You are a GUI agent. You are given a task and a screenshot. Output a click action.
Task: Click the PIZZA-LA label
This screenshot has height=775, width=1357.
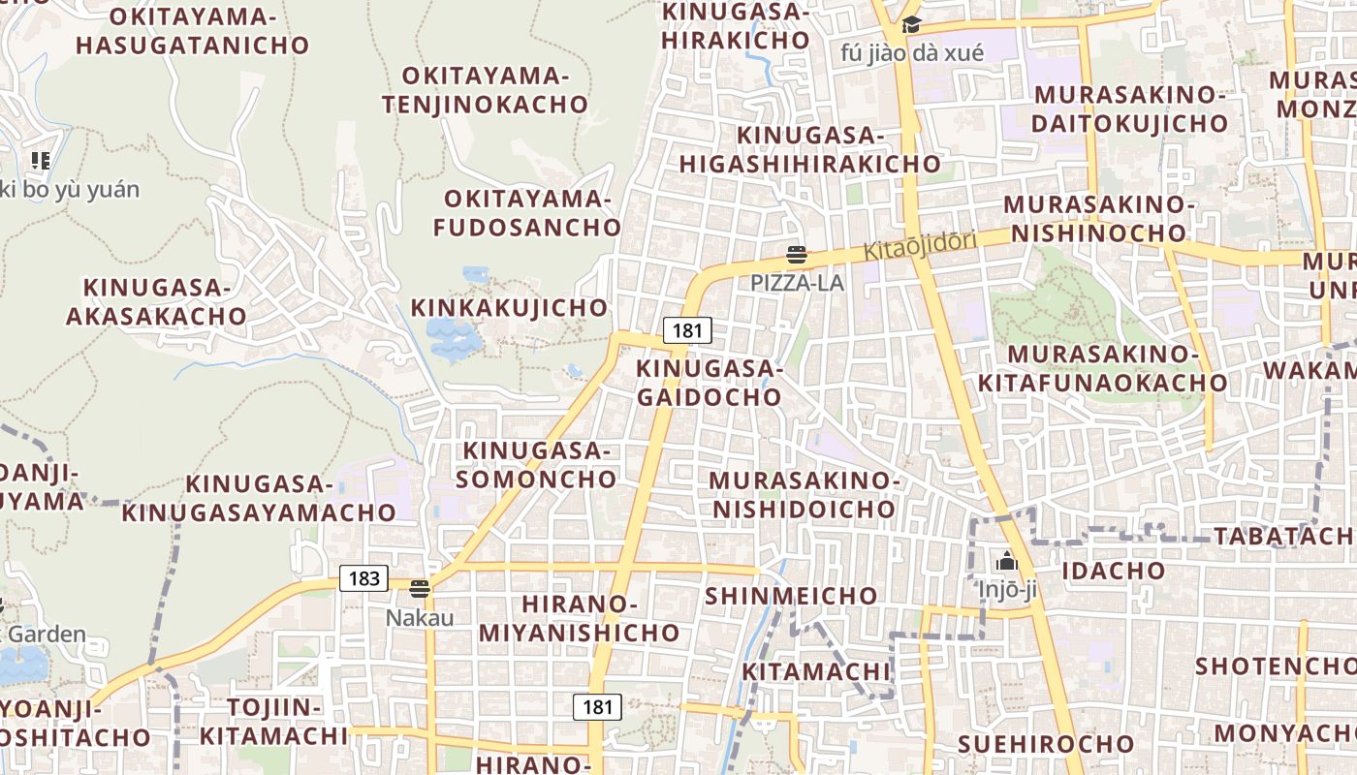[x=797, y=283]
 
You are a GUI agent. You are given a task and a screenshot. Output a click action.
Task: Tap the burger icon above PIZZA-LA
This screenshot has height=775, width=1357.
[x=797, y=256]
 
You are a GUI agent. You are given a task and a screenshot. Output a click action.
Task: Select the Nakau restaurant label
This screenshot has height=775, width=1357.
[x=420, y=617]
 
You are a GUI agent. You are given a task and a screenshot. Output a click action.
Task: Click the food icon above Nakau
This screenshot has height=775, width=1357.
[x=420, y=589]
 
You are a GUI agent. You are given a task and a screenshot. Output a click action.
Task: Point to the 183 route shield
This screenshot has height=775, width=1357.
[x=363, y=578]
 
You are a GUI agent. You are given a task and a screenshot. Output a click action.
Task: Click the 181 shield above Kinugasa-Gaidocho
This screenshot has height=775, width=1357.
[x=686, y=330]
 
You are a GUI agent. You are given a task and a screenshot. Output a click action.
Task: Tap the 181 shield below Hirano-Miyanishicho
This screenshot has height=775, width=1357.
[x=597, y=707]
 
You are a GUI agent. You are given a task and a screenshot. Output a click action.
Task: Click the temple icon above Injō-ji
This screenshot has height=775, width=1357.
[x=1007, y=561]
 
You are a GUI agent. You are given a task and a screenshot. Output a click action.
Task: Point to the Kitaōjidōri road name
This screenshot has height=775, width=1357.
[x=920, y=245]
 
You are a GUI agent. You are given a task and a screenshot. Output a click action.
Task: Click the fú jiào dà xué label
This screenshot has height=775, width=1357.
[x=911, y=52]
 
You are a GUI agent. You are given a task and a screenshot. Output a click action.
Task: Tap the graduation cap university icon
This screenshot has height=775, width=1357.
[x=911, y=25]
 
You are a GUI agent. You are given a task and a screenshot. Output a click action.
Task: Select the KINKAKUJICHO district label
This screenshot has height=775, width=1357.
[x=510, y=308]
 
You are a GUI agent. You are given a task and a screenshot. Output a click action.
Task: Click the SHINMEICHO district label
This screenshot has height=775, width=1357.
[x=791, y=596]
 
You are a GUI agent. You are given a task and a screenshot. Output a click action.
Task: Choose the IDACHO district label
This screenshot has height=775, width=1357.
[x=1113, y=571]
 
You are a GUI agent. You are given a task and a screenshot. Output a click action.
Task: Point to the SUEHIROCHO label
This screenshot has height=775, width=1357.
[x=1046, y=744]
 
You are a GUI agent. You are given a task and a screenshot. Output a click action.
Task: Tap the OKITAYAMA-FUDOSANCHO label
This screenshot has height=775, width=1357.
[x=527, y=213]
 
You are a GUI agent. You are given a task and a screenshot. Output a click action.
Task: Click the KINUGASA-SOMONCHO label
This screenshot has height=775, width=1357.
[x=537, y=464]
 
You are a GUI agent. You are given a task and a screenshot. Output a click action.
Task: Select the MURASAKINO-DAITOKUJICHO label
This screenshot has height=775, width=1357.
[x=1130, y=109]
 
